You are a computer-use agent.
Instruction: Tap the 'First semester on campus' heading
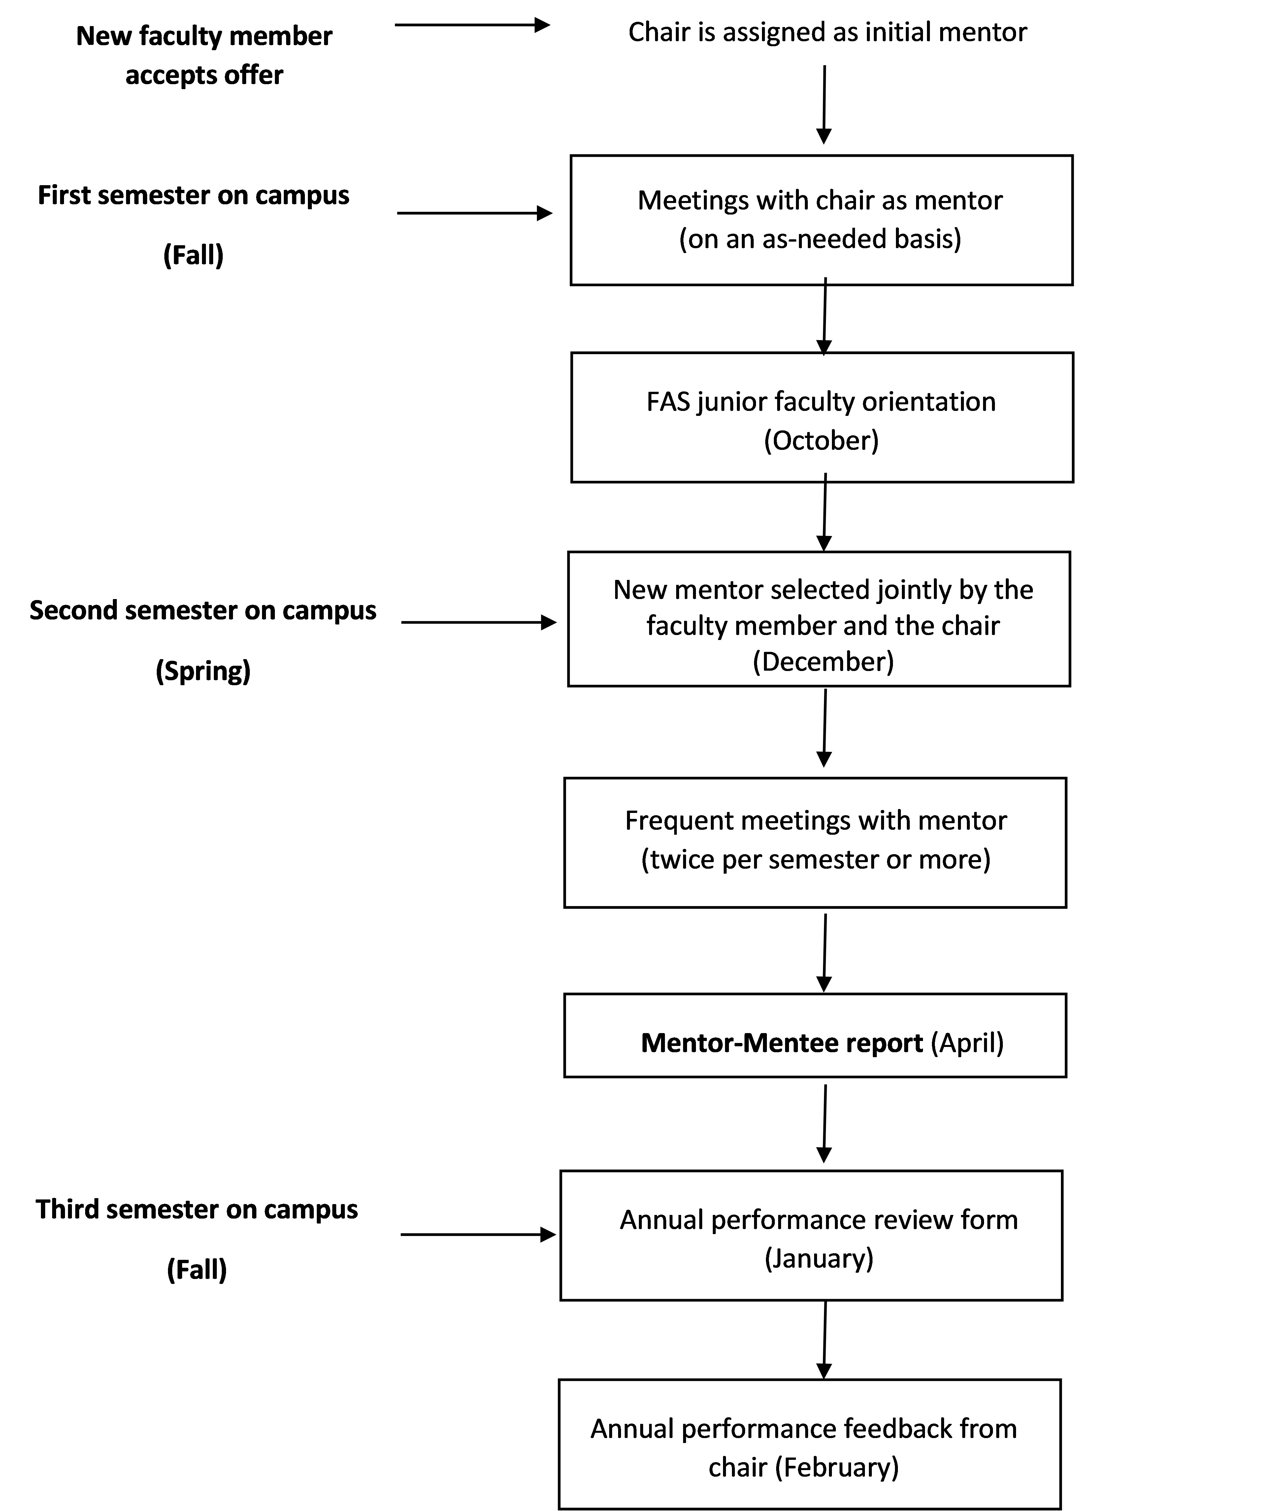194,195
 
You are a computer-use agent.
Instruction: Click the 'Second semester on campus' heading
203,610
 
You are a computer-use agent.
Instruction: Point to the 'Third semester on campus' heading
197,1209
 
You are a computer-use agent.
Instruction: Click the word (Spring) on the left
203,670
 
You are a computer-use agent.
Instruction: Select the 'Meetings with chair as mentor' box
821,220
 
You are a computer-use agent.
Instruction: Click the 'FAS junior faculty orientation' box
822,418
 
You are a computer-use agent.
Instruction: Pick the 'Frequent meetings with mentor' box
815,843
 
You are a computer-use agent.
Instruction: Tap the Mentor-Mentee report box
815,1035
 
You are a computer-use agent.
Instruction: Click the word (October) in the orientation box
821,440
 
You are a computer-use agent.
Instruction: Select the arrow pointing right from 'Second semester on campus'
479,622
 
